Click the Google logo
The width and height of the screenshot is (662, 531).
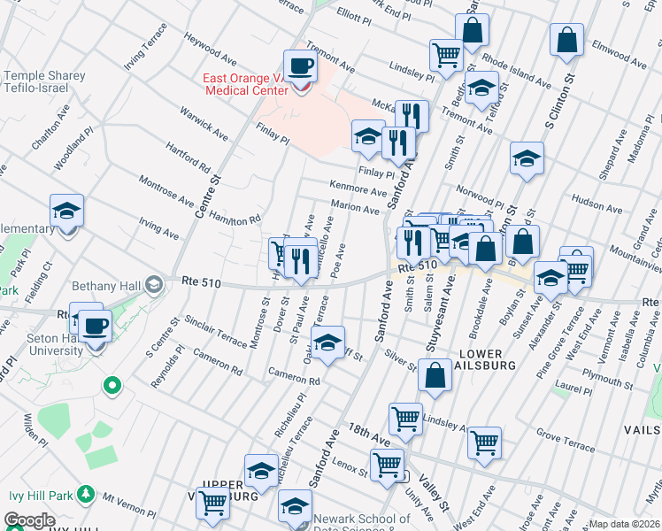click(30, 520)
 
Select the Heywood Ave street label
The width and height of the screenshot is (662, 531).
click(212, 51)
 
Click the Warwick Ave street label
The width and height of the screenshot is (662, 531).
click(204, 124)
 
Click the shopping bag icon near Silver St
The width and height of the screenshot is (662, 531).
click(436, 375)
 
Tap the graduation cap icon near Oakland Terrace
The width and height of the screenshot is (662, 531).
click(327, 342)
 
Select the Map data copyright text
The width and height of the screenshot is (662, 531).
click(624, 524)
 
